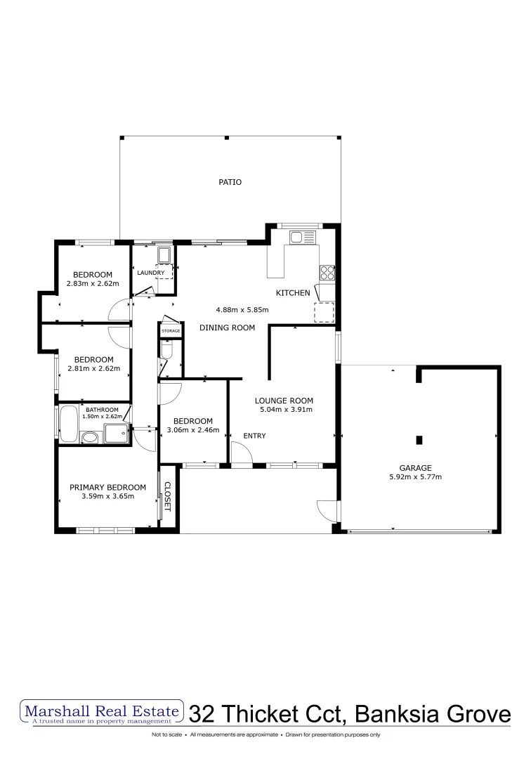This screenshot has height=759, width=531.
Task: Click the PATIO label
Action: [x=230, y=182]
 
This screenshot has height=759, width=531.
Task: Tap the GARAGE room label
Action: [x=415, y=467]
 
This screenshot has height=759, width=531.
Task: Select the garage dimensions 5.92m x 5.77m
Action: [x=415, y=477]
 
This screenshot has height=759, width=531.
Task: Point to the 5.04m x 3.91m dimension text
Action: [x=286, y=409]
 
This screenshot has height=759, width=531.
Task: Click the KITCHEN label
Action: [x=292, y=292]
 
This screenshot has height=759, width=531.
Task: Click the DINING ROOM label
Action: [x=227, y=327]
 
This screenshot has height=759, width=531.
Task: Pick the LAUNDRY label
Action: [x=151, y=273]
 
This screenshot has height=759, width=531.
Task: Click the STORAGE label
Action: [x=171, y=330]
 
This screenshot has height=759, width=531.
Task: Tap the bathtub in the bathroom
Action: [x=68, y=423]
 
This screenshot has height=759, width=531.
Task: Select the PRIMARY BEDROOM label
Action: [x=107, y=487]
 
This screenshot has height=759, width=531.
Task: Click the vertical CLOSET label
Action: [x=167, y=495]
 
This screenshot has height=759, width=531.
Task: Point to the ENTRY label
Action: [x=254, y=436]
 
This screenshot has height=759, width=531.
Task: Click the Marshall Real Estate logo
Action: [x=103, y=713]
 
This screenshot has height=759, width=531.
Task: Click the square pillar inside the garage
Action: [x=419, y=441]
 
